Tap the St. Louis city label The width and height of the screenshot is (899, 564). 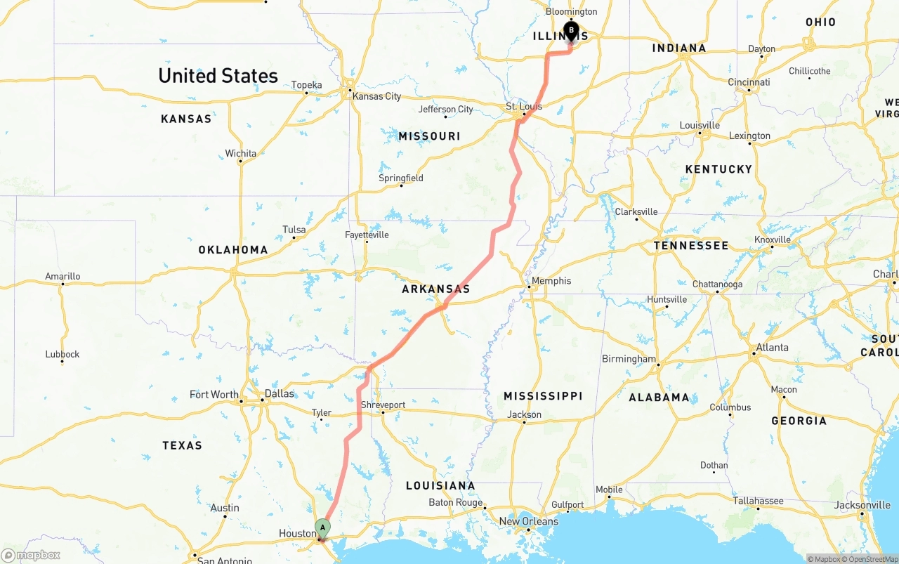pos(524,107)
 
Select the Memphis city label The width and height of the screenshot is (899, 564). pos(551,281)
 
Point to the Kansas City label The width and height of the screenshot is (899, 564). pos(376,96)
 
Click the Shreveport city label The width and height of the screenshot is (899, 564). pos(383,405)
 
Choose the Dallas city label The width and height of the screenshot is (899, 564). pos(280,393)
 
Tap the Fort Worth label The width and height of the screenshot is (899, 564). pos(214,395)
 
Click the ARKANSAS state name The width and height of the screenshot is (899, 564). pos(435,289)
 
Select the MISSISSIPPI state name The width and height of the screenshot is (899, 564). pos(543,396)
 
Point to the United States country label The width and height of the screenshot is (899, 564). pos(218,76)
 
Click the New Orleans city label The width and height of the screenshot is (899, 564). pos(529,521)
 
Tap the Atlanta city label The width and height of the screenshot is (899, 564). pos(772,348)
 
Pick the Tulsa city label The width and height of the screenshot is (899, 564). pos(294,230)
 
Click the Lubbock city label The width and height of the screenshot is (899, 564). pos(63,354)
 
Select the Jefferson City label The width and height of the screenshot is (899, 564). pos(446,110)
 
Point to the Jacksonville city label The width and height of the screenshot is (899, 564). pos(862,505)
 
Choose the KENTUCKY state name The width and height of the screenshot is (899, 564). pos(718,169)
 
